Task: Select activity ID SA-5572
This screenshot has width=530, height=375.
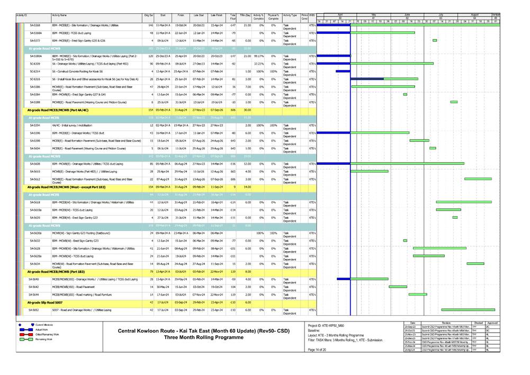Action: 35,40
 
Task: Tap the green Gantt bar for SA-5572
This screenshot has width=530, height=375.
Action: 435,40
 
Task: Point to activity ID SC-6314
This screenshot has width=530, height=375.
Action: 35,71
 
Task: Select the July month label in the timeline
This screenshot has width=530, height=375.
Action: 441,15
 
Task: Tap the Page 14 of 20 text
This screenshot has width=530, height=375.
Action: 318,350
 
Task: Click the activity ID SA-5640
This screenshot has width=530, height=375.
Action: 33,279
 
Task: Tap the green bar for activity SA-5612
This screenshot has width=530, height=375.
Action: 478,179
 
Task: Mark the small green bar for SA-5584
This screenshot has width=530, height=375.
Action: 405,94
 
